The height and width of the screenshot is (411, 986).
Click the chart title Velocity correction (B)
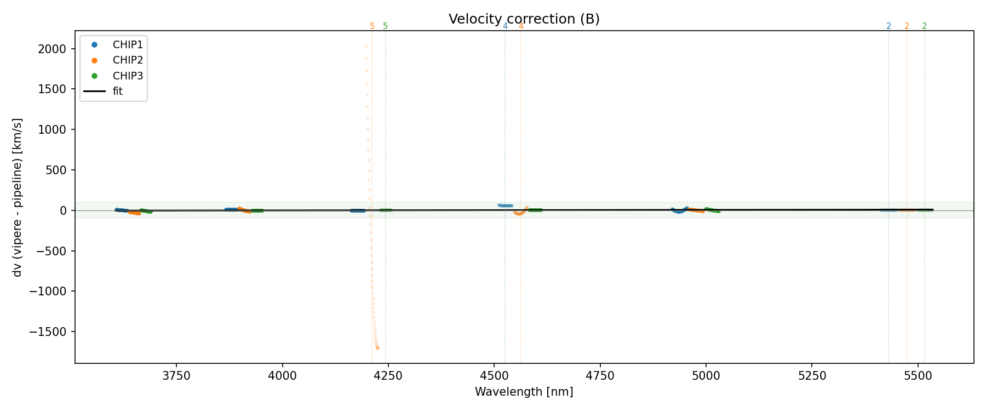(524, 19)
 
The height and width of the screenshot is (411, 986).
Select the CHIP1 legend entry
(127, 45)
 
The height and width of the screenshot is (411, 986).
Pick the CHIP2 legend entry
(127, 60)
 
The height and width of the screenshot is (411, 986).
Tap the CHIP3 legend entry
(127, 76)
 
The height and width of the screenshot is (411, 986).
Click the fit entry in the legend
(117, 92)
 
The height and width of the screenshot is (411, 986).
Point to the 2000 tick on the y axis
(52, 49)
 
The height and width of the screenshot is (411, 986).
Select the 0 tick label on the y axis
(63, 210)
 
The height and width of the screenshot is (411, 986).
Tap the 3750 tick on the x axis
(176, 376)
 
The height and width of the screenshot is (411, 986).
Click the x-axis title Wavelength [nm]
(524, 392)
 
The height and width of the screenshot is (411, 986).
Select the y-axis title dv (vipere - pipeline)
(18, 197)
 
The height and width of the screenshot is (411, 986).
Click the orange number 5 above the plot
(372, 26)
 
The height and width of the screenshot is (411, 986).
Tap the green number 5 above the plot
(385, 26)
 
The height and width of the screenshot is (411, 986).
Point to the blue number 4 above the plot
(505, 26)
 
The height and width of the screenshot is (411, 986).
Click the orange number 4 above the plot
(520, 26)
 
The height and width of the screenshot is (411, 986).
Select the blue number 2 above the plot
(888, 26)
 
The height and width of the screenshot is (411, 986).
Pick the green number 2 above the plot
(924, 26)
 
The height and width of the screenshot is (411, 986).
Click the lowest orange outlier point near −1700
(377, 348)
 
